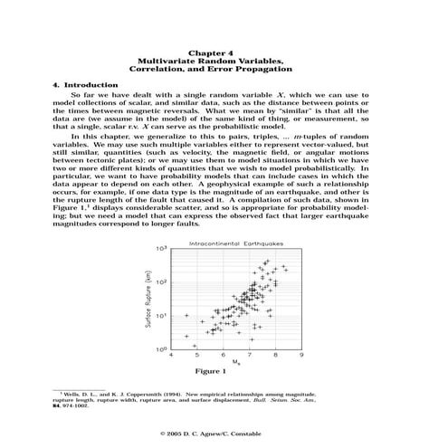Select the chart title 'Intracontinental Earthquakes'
click(224, 243)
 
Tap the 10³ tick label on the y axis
click(163, 249)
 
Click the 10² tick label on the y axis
click(163, 282)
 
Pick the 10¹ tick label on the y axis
click(163, 316)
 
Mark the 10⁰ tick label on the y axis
click(163, 348)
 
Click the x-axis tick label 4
click(172, 356)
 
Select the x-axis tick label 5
click(198, 356)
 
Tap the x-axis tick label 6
click(224, 356)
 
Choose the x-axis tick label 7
click(249, 356)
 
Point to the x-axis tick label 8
click(275, 356)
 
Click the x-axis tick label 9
click(300, 356)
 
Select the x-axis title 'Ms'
click(237, 363)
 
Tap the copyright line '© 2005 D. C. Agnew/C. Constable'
click(224, 434)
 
